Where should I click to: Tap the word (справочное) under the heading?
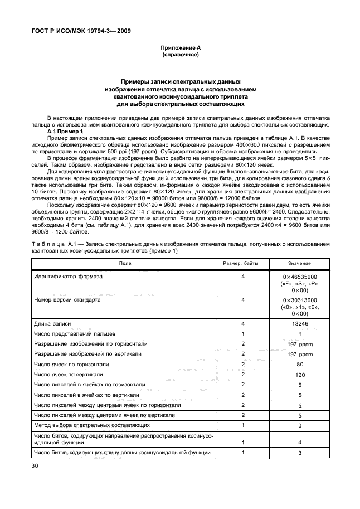tap(180, 56)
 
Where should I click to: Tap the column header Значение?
tap(299, 263)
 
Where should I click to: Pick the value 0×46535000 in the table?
tap(299, 277)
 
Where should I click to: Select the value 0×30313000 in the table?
tap(299, 300)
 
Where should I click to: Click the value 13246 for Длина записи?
tap(299, 323)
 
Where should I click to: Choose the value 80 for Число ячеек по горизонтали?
tap(299, 364)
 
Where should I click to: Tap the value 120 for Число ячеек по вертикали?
tap(299, 375)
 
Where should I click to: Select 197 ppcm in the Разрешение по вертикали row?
tap(299, 354)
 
